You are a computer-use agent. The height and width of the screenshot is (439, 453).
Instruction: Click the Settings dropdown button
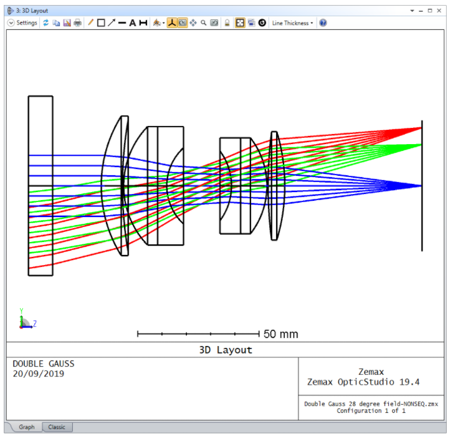point(22,23)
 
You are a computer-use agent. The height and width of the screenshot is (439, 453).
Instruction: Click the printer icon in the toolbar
point(78,23)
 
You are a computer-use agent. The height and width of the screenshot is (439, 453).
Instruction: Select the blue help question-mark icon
point(323,23)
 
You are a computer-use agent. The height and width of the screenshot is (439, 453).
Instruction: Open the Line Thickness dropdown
point(292,23)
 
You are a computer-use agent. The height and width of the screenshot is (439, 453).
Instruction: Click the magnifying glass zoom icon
point(204,23)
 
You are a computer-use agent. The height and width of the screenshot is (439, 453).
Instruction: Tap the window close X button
point(439,11)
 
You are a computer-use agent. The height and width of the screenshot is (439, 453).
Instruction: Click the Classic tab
point(57,427)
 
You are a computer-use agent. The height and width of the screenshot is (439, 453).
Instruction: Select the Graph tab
point(27,427)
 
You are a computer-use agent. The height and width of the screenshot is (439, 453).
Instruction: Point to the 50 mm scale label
point(280,334)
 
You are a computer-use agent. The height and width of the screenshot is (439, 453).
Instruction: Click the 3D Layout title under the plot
point(226,350)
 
